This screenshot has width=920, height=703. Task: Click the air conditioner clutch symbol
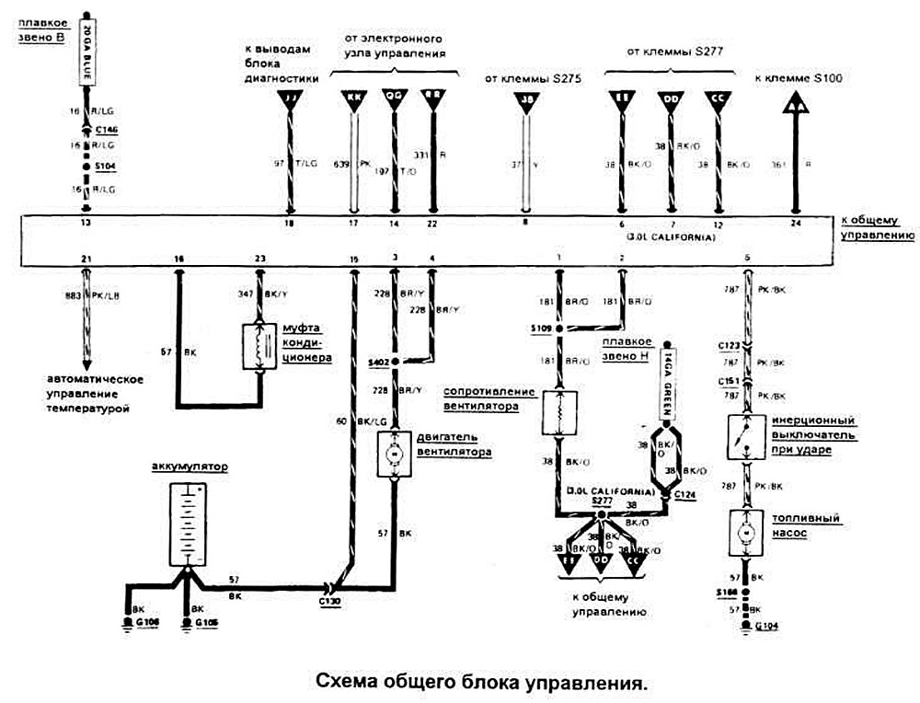coord(259,346)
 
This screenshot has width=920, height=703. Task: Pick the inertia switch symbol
coord(747,438)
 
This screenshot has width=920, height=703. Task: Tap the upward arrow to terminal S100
coord(796,104)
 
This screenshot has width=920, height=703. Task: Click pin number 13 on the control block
coord(86,223)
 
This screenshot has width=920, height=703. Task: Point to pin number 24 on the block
coord(795,223)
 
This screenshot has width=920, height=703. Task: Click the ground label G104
coord(765,627)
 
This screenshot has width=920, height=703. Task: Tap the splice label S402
coord(379,362)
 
